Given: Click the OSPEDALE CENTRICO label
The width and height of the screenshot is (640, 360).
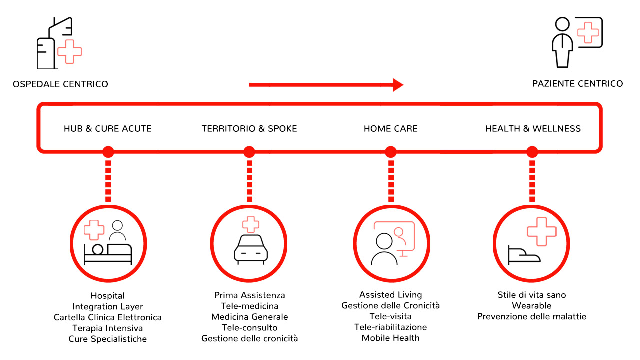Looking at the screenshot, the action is tap(60, 84).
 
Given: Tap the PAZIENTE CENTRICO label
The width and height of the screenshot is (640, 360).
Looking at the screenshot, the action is tap(577, 84).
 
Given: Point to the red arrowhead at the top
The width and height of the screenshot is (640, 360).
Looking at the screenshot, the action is tap(398, 85).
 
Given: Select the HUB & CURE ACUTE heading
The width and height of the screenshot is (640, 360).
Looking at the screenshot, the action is tap(107, 129).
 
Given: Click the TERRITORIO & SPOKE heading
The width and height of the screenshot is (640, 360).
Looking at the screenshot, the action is tap(249, 129).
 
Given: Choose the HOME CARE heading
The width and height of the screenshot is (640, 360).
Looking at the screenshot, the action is tap(391, 129).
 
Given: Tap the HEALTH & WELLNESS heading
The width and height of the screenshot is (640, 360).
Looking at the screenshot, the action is tap(533, 129).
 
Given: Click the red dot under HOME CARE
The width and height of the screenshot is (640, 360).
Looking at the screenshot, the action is tap(391, 152).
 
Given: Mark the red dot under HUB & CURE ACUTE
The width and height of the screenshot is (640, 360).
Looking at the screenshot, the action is tap(108, 152).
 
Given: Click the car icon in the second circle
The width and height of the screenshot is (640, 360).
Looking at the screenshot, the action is tap(251, 249).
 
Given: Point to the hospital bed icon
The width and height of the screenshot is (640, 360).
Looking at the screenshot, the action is tap(108, 254).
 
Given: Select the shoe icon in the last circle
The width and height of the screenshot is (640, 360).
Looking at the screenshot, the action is tap(524, 255).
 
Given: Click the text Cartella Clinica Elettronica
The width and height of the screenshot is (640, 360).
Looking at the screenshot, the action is tap(107, 317).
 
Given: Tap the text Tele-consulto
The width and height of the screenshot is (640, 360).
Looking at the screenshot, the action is tap(249, 327).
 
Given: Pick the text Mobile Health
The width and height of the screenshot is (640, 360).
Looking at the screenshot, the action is tap(391, 338).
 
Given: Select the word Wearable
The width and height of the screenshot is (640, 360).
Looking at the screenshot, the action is tap(531, 306).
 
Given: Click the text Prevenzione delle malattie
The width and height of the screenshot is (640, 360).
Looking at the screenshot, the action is tap(531, 317).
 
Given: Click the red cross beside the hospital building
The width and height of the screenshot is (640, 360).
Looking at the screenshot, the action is tap(69, 51).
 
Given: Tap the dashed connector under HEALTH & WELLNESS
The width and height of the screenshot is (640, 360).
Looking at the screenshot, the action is tap(532, 181).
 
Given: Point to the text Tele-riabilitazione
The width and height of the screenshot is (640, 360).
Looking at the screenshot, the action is tap(391, 327).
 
